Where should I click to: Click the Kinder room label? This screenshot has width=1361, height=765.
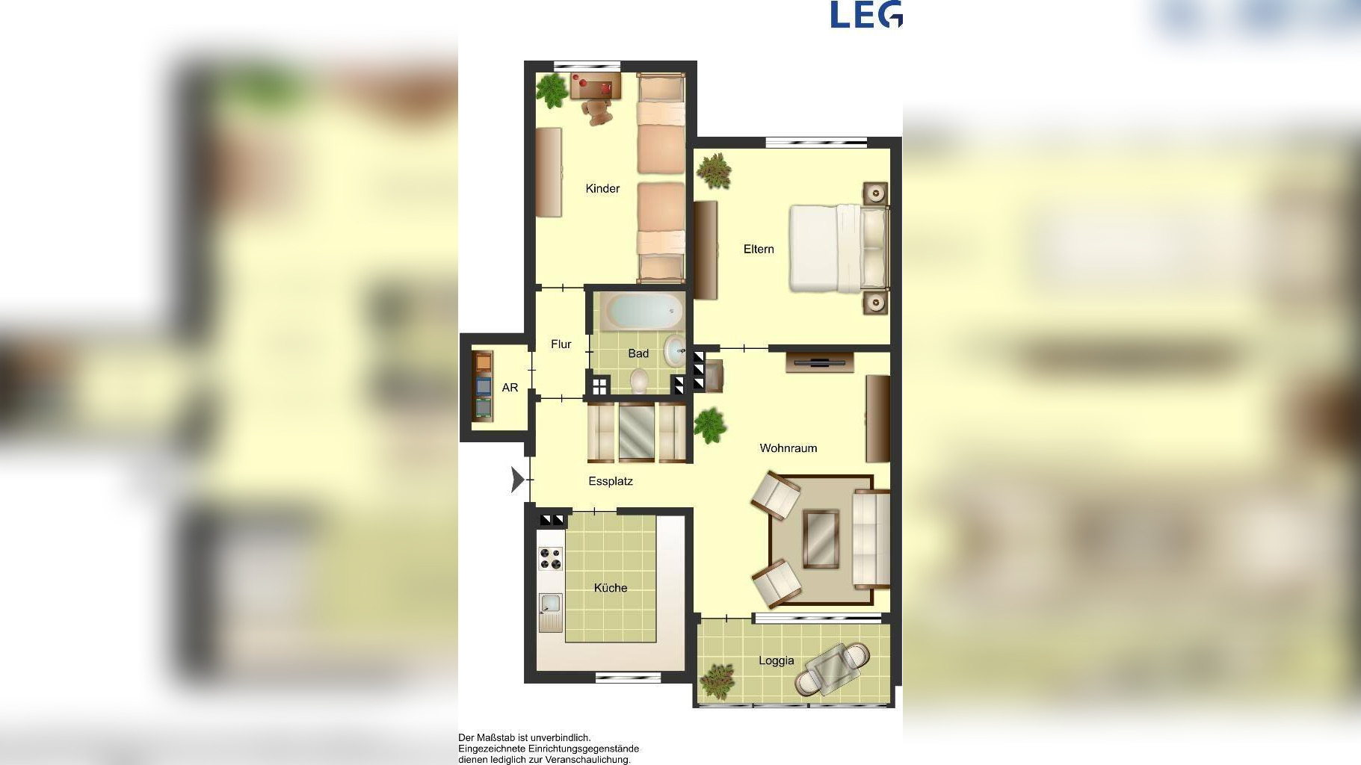pos(602,188)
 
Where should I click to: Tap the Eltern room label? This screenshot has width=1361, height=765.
pos(759,249)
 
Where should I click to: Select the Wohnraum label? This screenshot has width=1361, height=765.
pos(788,448)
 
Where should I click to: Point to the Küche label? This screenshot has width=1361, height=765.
pos(611,588)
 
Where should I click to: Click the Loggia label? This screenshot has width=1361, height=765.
pos(776,660)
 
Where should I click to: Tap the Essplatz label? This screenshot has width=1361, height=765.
pos(611,481)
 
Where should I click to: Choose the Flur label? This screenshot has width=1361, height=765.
pos(561,344)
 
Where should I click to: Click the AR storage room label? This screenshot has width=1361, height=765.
pos(510,388)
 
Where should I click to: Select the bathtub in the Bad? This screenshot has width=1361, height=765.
pos(643,311)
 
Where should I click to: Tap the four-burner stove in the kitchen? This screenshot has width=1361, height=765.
pos(551,559)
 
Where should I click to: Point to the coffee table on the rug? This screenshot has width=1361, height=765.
pos(821,539)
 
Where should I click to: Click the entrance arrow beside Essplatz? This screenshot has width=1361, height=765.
pos(517,480)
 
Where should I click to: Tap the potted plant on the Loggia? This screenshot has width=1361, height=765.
pos(717,680)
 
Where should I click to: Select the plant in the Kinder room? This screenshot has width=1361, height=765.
pos(552,90)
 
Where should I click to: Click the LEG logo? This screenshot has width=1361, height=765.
pos(866,15)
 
